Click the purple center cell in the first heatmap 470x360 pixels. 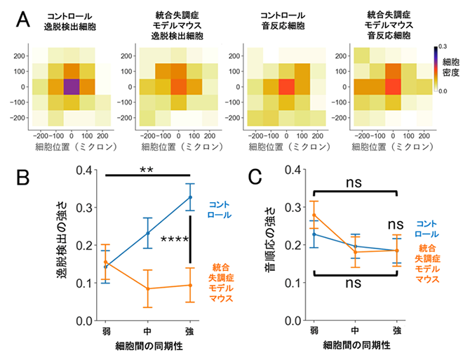(72, 87)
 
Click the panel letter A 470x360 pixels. (22, 20)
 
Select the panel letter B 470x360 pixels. (22, 177)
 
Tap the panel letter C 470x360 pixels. (255, 177)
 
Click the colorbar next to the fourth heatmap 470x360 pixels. (436, 69)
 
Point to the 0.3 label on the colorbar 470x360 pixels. (443, 46)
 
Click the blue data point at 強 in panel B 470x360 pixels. (190, 197)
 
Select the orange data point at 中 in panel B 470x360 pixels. (147, 288)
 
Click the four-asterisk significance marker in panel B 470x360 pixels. (175, 239)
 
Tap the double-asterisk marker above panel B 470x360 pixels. (147, 171)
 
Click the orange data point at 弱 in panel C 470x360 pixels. (314, 215)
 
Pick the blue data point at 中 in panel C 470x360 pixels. (356, 246)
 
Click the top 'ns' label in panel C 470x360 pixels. (354, 182)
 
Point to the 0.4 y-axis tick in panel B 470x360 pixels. (84, 170)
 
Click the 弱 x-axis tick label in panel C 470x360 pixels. (314, 331)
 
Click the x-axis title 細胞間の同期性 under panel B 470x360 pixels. (149, 346)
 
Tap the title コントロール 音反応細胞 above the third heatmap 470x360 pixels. (283, 20)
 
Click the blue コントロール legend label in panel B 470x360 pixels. (220, 210)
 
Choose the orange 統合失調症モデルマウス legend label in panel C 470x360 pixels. (427, 263)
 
